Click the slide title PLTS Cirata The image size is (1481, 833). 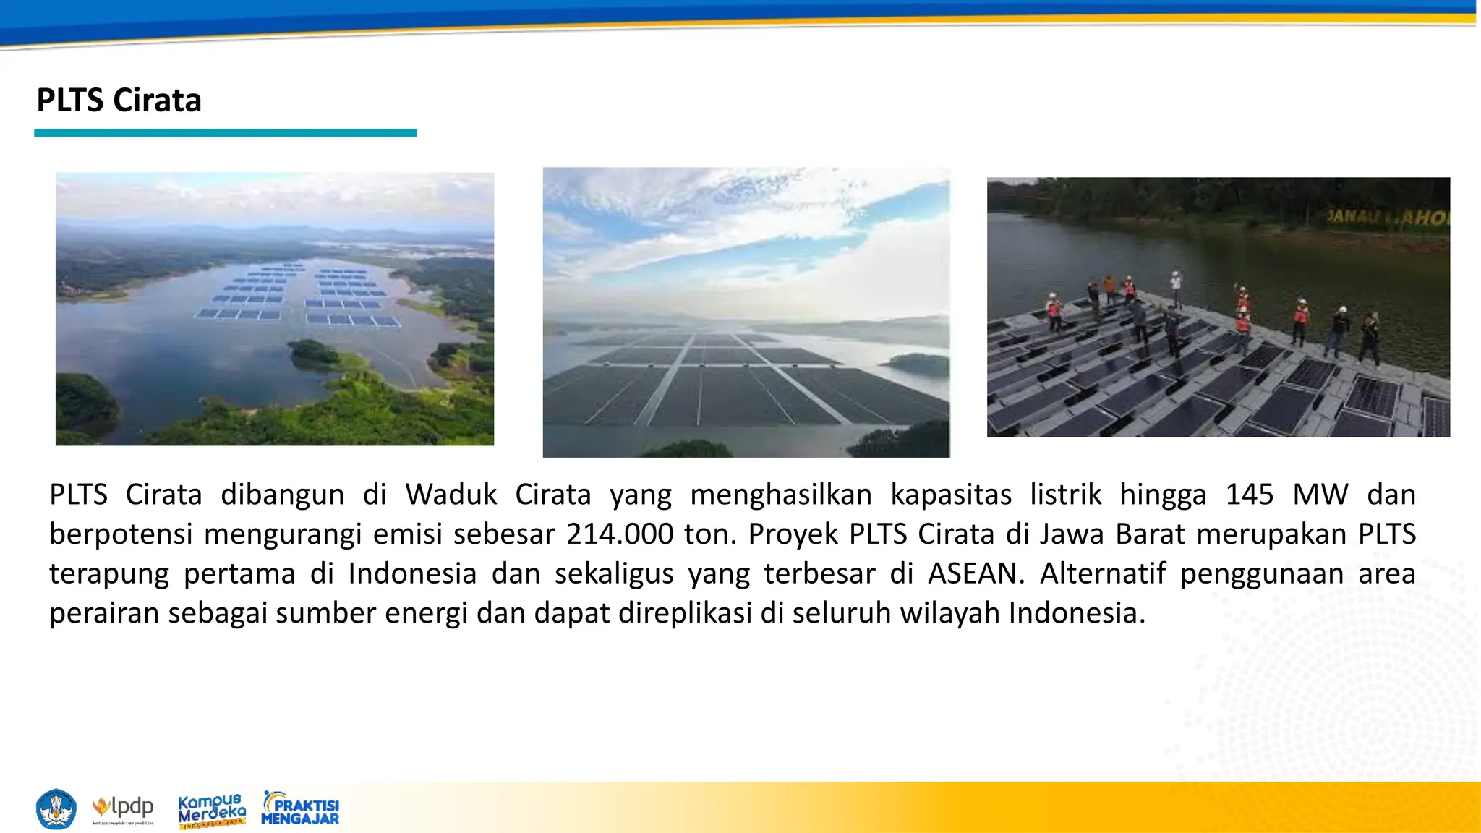pyautogui.click(x=119, y=101)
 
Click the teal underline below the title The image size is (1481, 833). pyautogui.click(x=225, y=133)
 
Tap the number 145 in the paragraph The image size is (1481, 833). pyautogui.click(x=1249, y=495)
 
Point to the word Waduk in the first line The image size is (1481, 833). pyautogui.click(x=451, y=495)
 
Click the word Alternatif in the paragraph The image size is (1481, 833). pyautogui.click(x=1103, y=574)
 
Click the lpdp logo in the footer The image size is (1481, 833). pyautogui.click(x=124, y=808)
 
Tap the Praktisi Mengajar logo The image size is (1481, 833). pyautogui.click(x=300, y=809)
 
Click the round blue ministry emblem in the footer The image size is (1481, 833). pyautogui.click(x=56, y=809)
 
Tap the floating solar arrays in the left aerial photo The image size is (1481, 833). pyautogui.click(x=296, y=296)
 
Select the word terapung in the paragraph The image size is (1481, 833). pyautogui.click(x=108, y=574)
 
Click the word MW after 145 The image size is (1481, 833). pyautogui.click(x=1320, y=495)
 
